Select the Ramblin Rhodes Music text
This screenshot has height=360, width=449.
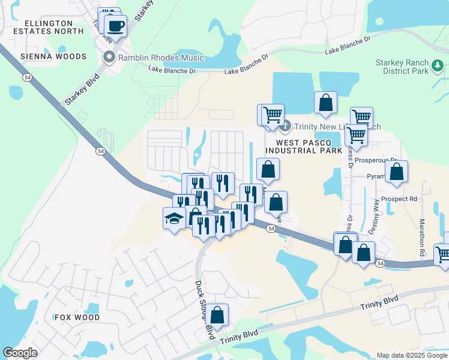point(161,58)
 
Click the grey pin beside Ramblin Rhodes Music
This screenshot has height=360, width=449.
point(109,58)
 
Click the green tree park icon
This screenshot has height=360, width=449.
point(438,65)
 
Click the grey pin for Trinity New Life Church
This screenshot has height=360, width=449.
point(286,126)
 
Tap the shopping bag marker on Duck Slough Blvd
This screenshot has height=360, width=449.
point(218,314)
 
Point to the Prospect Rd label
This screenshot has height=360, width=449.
point(403,199)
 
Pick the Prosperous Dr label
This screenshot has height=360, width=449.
point(376,160)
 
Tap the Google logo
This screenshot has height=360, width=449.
point(20,353)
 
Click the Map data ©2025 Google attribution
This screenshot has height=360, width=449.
point(411,355)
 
